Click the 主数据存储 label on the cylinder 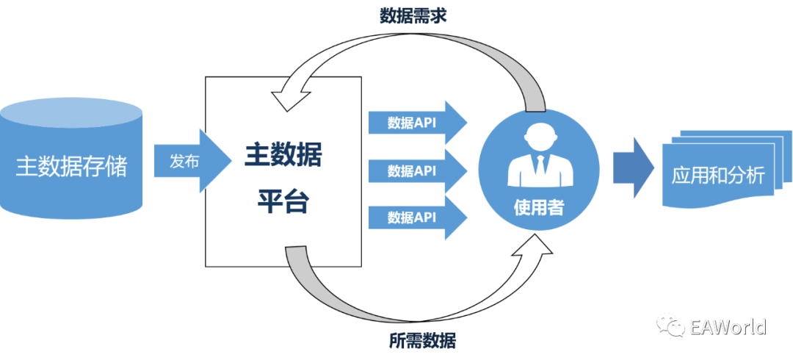[x=71, y=167]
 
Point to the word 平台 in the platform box [x=283, y=201]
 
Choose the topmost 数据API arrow [x=416, y=123]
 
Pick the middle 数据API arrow [x=416, y=170]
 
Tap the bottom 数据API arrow [x=416, y=217]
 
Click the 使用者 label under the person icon [x=539, y=208]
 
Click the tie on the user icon [x=539, y=165]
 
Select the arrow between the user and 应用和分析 [x=633, y=167]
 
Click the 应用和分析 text [x=718, y=176]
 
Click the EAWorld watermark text [x=728, y=326]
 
